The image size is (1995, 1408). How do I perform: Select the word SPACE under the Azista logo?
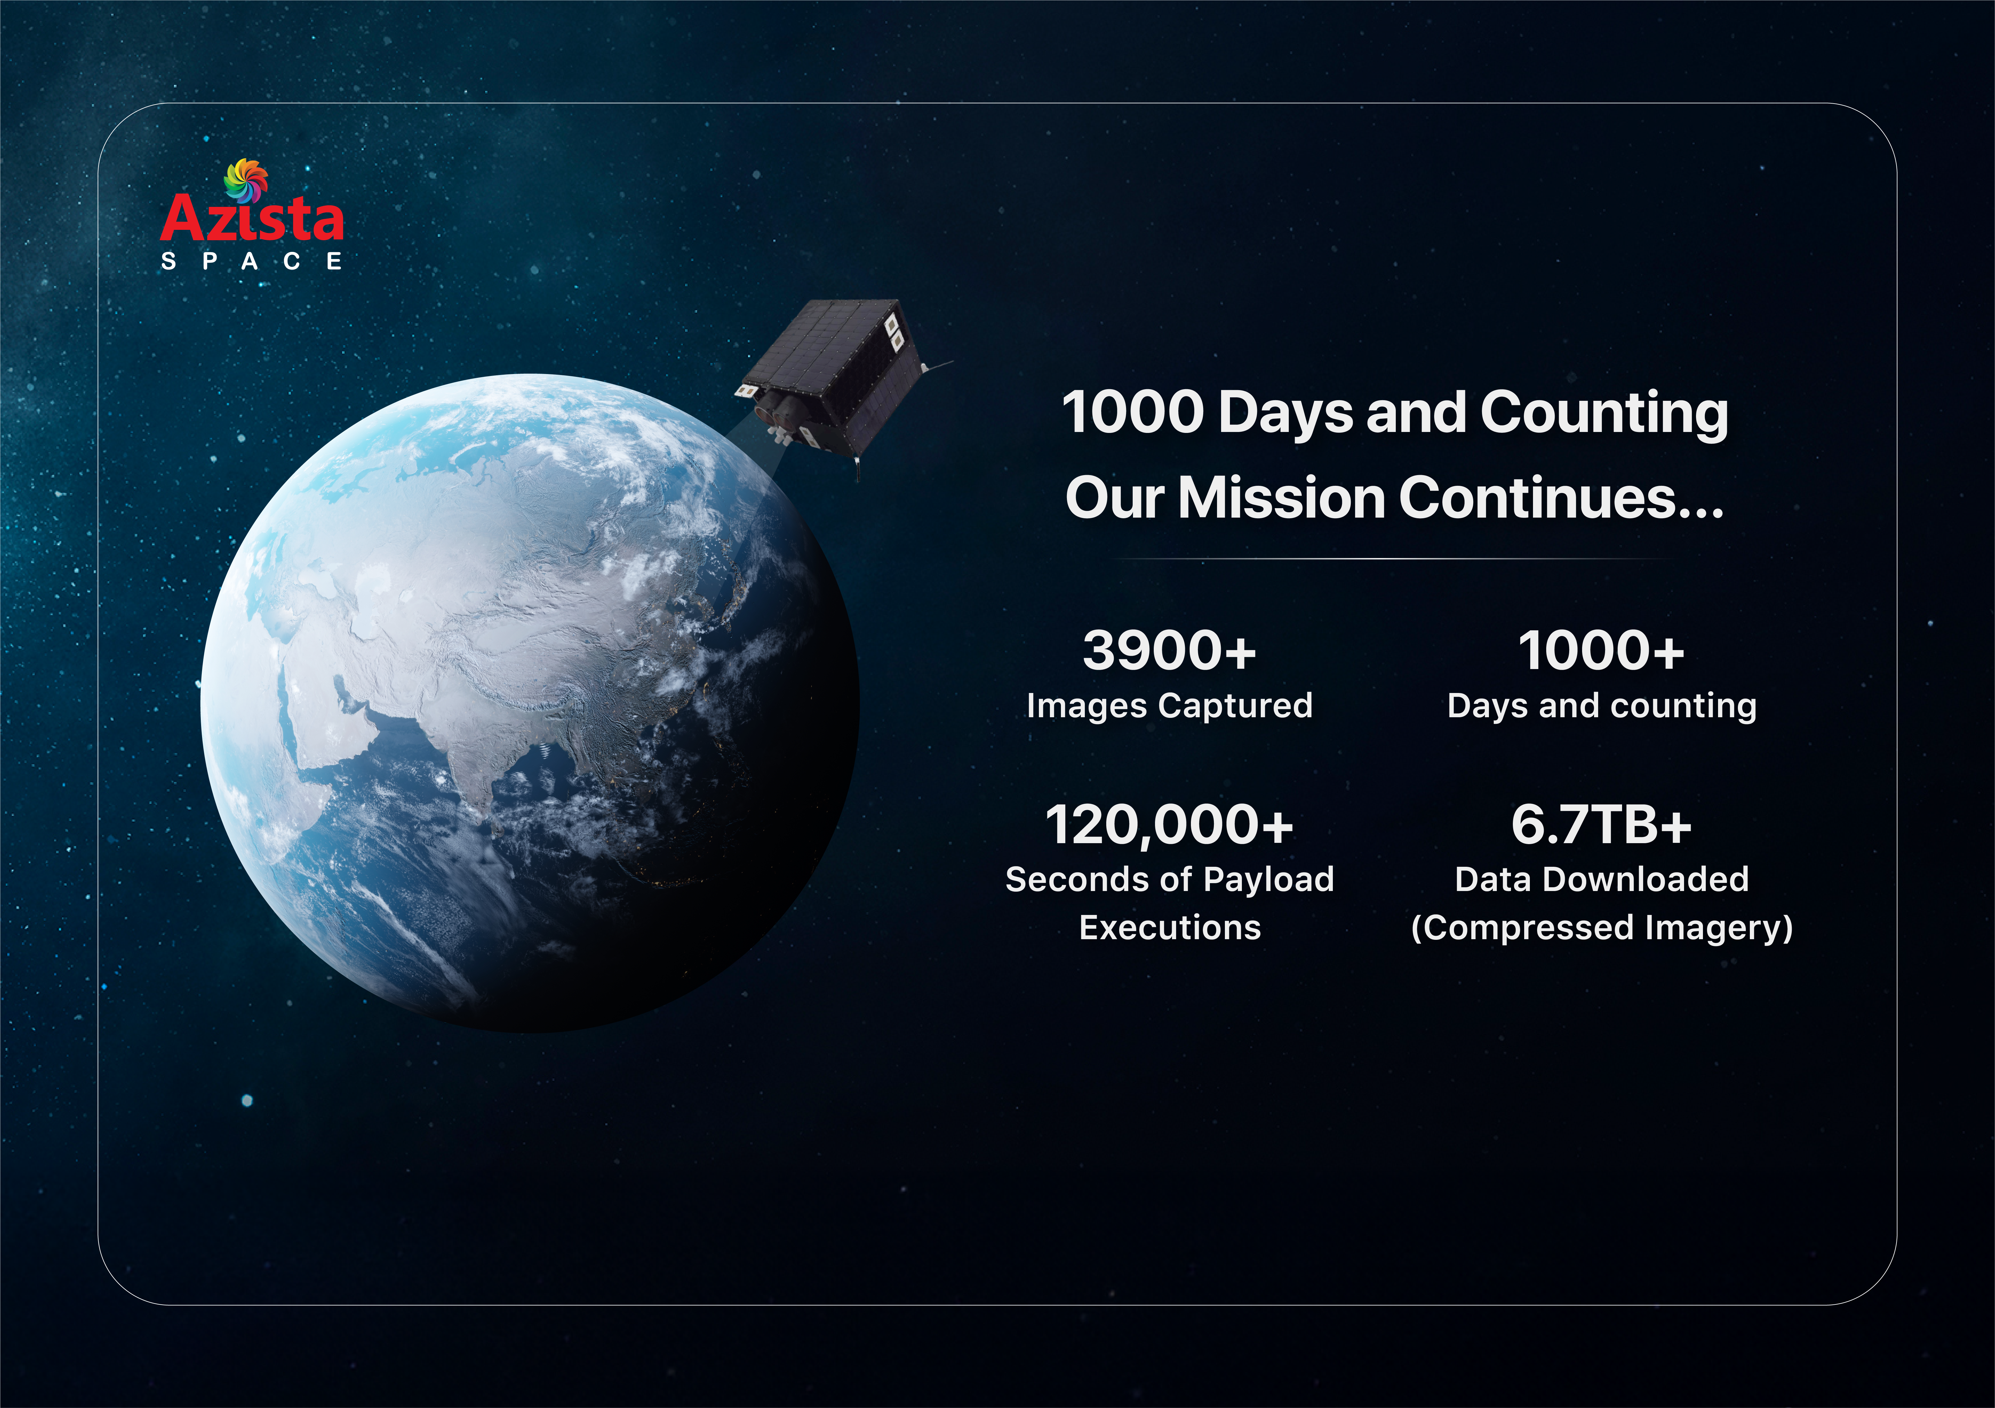click(x=252, y=262)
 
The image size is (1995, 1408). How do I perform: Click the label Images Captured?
click(x=1169, y=706)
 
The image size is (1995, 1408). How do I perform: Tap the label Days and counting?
click(x=1601, y=706)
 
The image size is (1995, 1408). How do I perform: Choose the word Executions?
click(x=1169, y=927)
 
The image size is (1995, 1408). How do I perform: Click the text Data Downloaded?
click(x=1601, y=880)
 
